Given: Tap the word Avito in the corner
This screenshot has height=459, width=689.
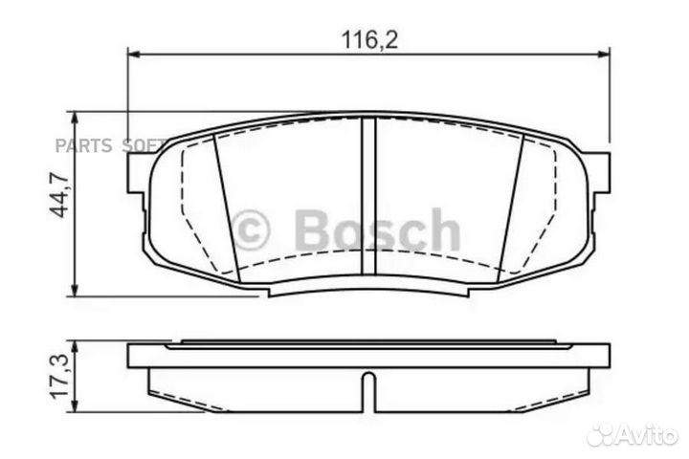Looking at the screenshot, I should coord(649,434).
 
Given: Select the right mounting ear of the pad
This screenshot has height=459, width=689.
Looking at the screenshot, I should coord(599,171).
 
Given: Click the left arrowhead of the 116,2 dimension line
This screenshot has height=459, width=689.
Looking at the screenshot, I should coord(134,55).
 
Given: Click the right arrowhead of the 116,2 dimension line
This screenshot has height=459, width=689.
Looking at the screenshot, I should coord(603,55).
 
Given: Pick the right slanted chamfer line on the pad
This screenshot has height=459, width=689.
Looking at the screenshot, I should coord(513,206).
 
